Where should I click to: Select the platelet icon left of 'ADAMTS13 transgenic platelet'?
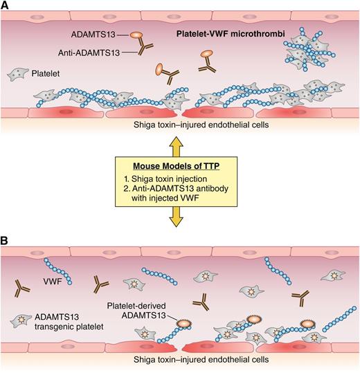click(x=20, y=320)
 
